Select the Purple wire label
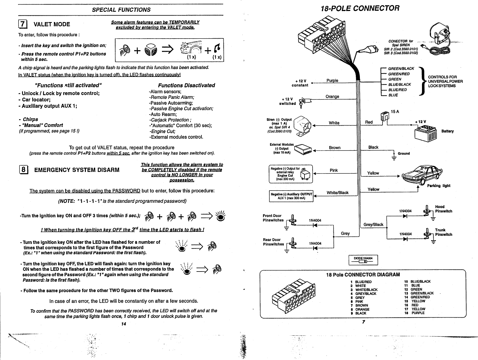coord(332,80)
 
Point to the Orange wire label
coord(332,96)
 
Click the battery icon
coord(426,133)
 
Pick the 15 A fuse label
coord(395,112)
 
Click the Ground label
coord(404,153)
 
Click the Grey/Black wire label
coord(374,225)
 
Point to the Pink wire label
coord(334,170)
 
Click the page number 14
coord(124,324)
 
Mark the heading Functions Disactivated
coord(186,85)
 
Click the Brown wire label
coord(335,148)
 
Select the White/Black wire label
coord(338,193)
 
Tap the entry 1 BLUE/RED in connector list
coord(361,282)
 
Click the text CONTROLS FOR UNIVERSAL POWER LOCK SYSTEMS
coord(445,81)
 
